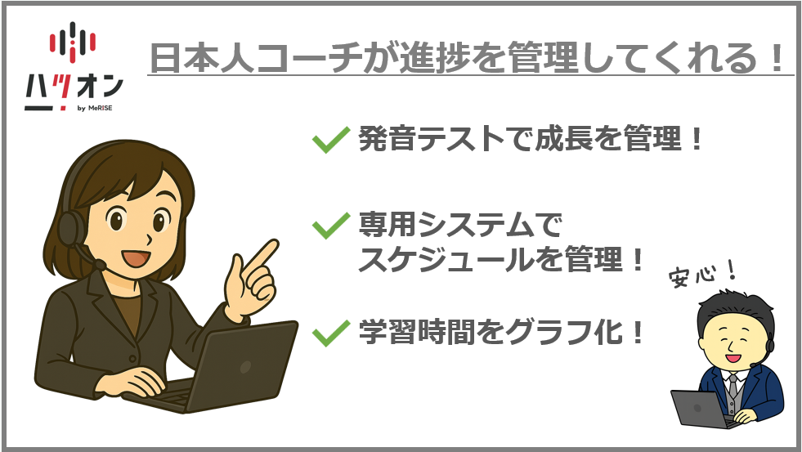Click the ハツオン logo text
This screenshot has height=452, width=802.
click(x=74, y=88)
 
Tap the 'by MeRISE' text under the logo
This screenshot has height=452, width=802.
click(x=95, y=108)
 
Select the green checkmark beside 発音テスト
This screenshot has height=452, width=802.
click(x=330, y=139)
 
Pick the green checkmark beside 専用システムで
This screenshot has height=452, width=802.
click(x=330, y=225)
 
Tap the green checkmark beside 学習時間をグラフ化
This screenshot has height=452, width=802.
click(x=330, y=333)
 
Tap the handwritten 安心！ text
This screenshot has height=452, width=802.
click(x=701, y=274)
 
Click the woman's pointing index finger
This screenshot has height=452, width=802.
click(x=264, y=253)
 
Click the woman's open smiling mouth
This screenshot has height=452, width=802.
click(x=136, y=257)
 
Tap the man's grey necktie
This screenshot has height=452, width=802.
click(x=733, y=386)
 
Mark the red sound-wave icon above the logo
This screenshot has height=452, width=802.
click(x=73, y=41)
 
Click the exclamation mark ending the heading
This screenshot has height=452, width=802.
click(x=777, y=58)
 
